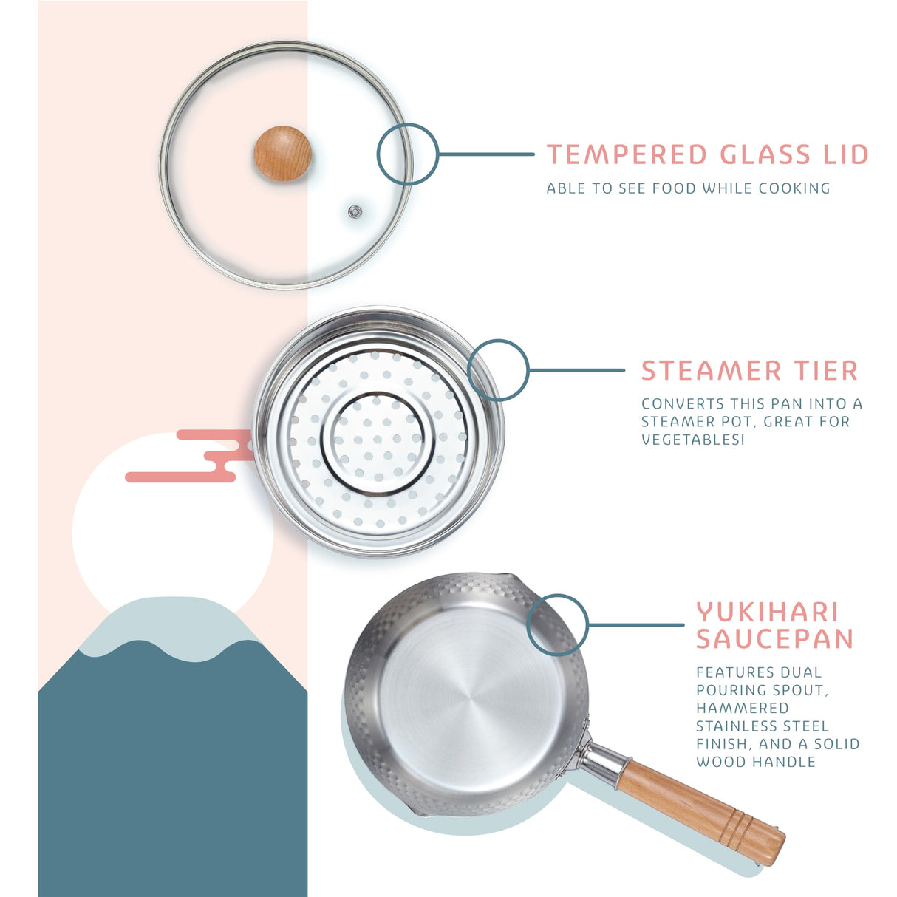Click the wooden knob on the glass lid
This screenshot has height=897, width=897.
pyautogui.click(x=282, y=153)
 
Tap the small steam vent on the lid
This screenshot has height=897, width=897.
pyautogui.click(x=355, y=212)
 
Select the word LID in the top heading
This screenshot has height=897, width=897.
pyautogui.click(x=845, y=155)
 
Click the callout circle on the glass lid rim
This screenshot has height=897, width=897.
pyautogui.click(x=407, y=154)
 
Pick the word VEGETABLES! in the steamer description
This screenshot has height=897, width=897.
pyautogui.click(x=692, y=440)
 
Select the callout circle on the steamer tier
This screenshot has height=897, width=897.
pyautogui.click(x=499, y=370)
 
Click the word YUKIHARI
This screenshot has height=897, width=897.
pyautogui.click(x=768, y=613)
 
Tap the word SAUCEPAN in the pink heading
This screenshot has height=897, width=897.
pyautogui.click(x=774, y=638)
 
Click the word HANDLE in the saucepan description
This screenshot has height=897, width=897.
pyautogui.click(x=788, y=762)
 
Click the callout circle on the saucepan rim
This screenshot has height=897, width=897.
pyautogui.click(x=557, y=625)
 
